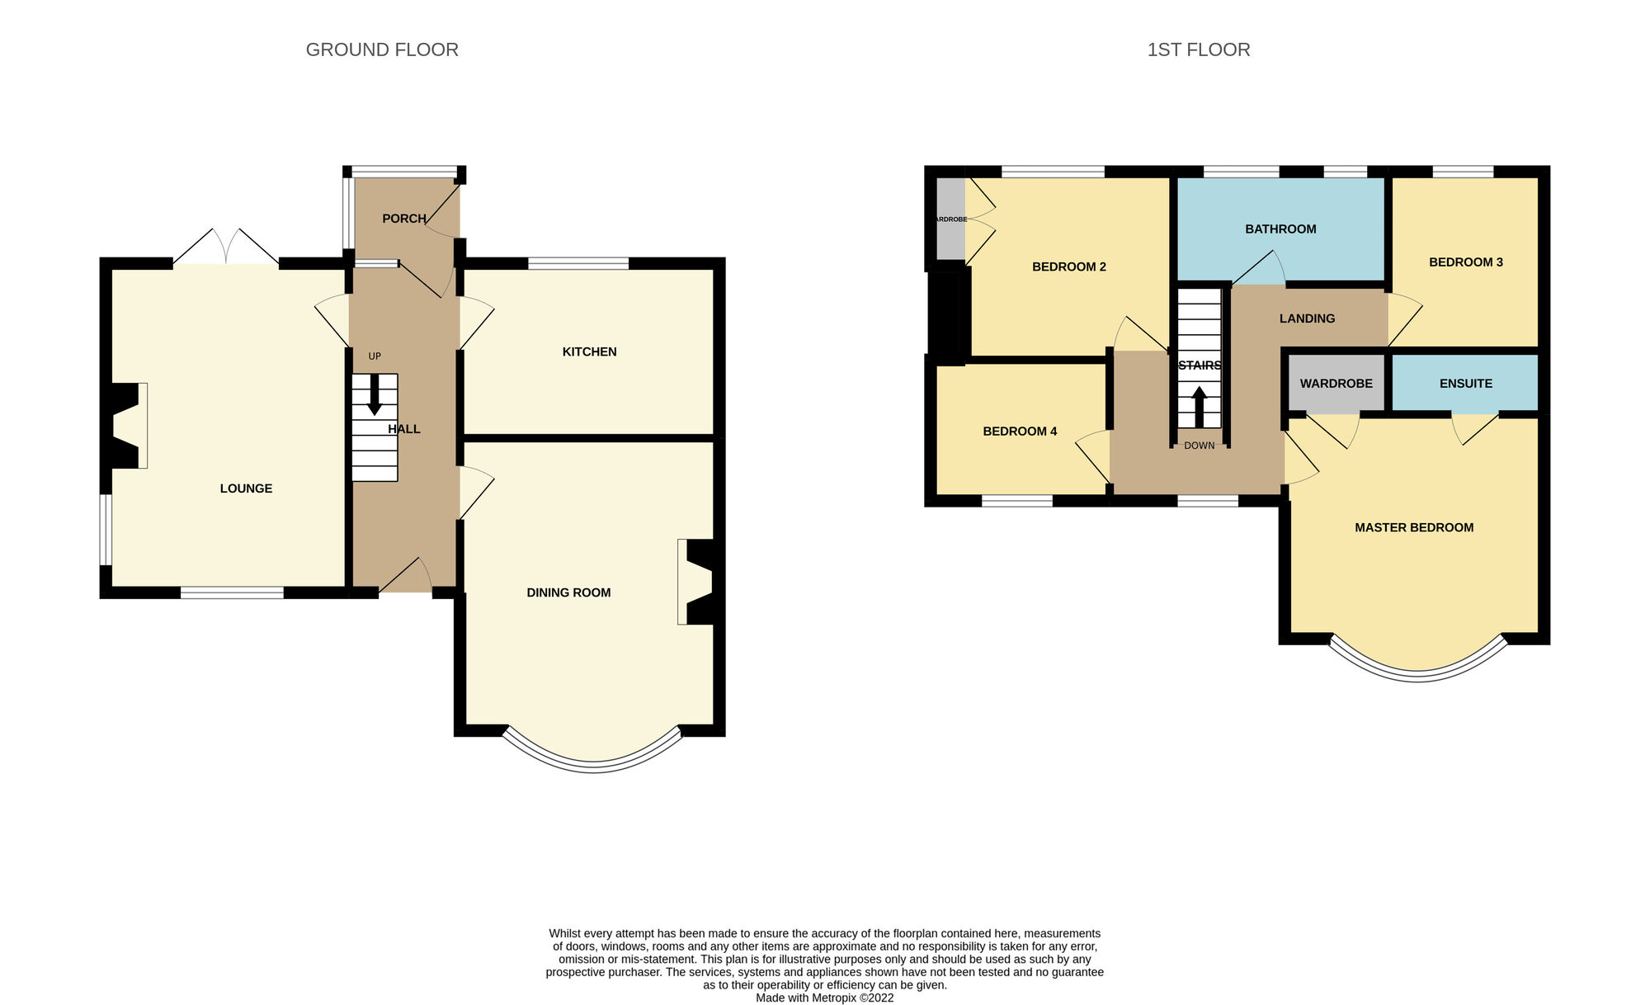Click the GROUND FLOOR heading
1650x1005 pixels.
tap(382, 50)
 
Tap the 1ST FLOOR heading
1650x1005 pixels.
tap(1198, 50)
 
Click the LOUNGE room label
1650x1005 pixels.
tap(246, 488)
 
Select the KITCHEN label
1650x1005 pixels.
tap(589, 352)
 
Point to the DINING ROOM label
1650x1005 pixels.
tap(568, 592)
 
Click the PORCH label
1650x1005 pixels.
tap(403, 219)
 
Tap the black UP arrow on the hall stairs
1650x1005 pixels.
tap(375, 395)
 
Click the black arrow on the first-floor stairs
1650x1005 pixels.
tap(1199, 407)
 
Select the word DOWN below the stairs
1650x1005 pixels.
tap(1199, 446)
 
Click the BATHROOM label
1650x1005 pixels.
tap(1280, 229)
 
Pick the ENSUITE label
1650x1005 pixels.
tap(1465, 384)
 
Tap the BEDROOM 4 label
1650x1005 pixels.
tap(1020, 432)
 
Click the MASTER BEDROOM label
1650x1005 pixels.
tap(1413, 528)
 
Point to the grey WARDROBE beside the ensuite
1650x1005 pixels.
tap(1336, 384)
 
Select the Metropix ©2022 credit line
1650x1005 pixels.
tap(824, 998)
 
